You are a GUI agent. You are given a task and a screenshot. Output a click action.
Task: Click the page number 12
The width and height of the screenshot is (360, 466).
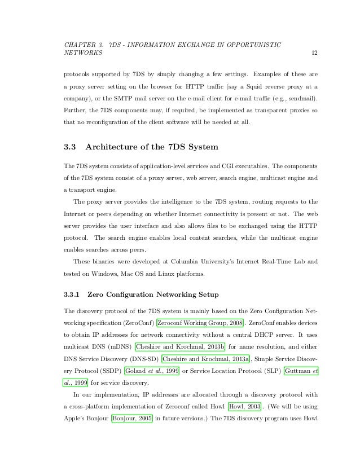314,53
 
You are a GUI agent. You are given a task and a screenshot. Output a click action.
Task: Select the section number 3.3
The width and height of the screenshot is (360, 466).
71,148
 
